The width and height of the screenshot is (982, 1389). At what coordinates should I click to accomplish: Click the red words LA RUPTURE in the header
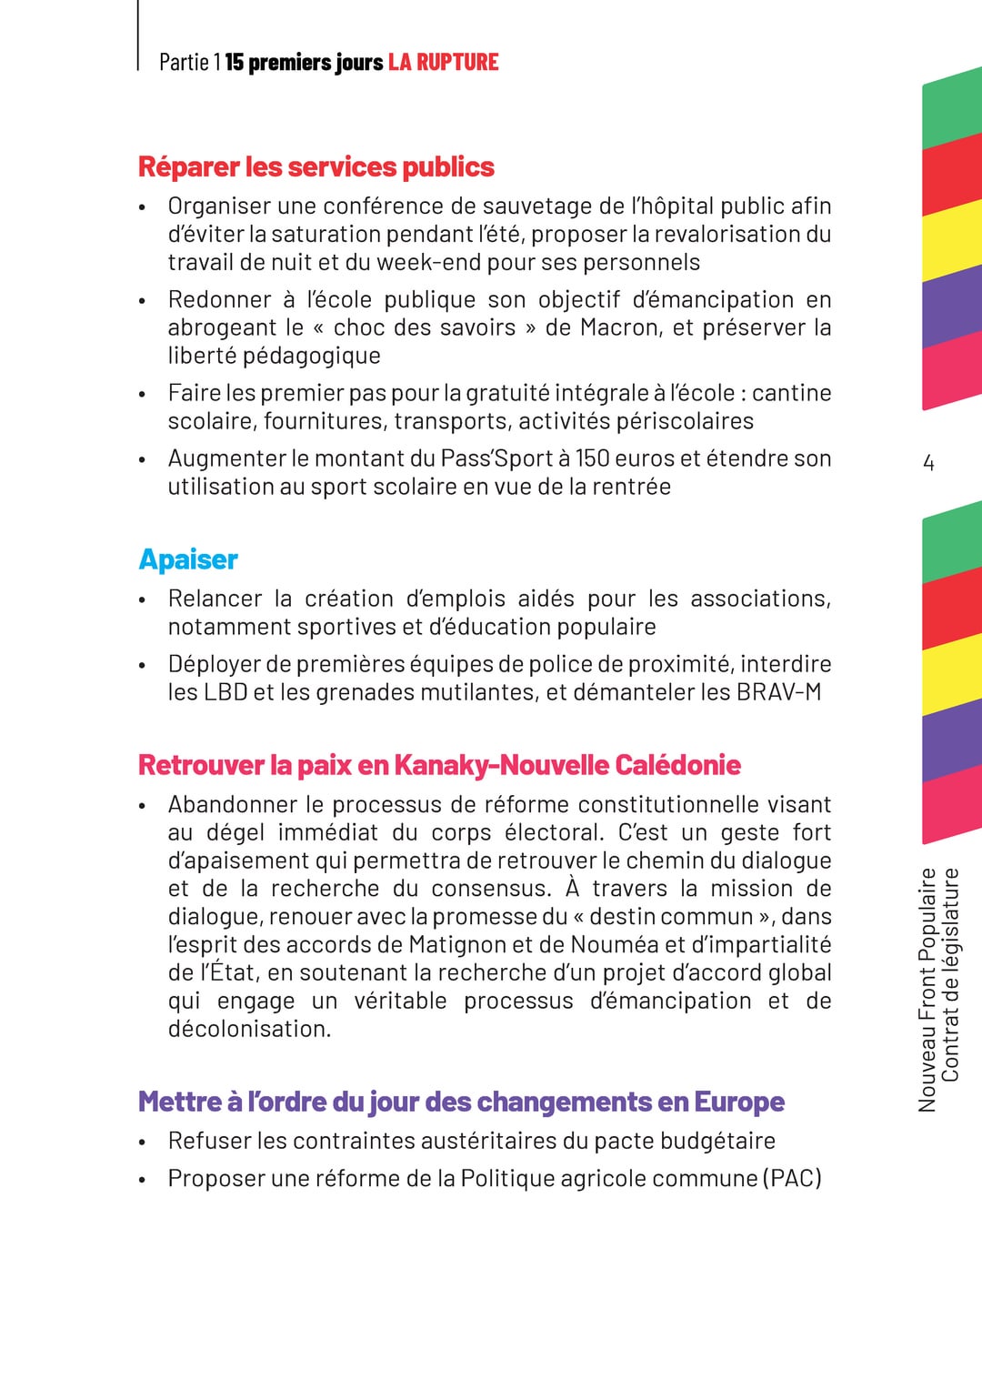(443, 62)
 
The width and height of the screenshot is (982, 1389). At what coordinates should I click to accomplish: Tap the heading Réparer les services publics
(316, 167)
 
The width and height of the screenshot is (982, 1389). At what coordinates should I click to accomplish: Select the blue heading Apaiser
(188, 559)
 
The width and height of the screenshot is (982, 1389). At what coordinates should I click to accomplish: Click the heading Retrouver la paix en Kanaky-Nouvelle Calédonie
(439, 765)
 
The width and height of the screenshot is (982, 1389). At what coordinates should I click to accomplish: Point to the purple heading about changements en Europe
(461, 1102)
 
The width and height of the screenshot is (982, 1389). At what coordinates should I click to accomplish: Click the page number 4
(928, 463)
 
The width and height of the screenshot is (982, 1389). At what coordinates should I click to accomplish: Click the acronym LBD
(225, 692)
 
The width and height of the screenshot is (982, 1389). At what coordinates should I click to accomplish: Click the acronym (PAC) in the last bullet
(791, 1178)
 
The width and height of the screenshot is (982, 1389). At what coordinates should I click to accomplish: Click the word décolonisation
(249, 1029)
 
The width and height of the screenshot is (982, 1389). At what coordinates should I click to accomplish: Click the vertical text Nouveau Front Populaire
(927, 990)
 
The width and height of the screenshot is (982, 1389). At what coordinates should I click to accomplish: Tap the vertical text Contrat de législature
(950, 974)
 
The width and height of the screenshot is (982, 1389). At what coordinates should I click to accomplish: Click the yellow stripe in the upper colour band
(952, 242)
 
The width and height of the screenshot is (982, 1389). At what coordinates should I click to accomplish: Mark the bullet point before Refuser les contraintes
(142, 1142)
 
